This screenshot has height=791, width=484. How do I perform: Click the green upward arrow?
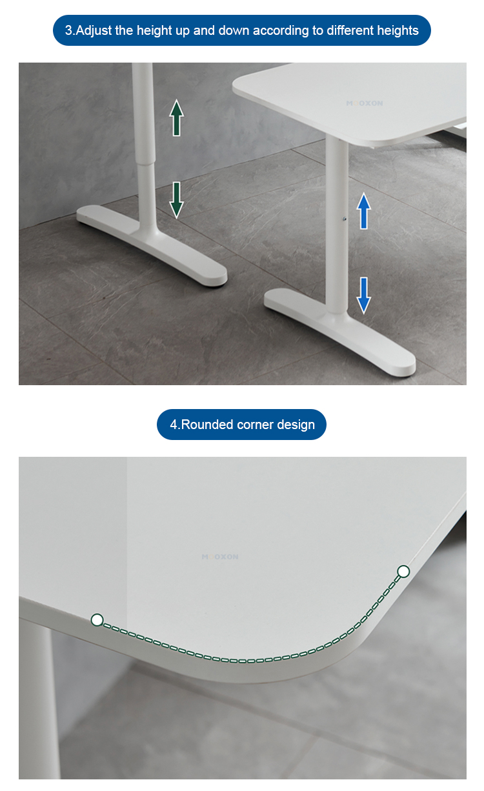176,117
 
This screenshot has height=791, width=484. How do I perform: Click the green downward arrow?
176,200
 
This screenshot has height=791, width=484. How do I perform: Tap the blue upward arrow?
363,211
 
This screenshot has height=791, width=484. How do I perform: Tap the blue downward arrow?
363,295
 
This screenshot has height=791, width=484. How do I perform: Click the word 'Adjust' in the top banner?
94,31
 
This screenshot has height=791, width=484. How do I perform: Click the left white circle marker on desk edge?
97,620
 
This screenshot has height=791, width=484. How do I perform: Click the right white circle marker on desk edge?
403,571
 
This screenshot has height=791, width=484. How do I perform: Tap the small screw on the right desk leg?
345,219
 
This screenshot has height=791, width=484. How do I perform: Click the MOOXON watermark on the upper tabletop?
364,103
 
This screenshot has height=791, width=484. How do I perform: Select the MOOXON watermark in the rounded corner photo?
220,557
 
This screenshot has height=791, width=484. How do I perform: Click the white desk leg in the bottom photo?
43,703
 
